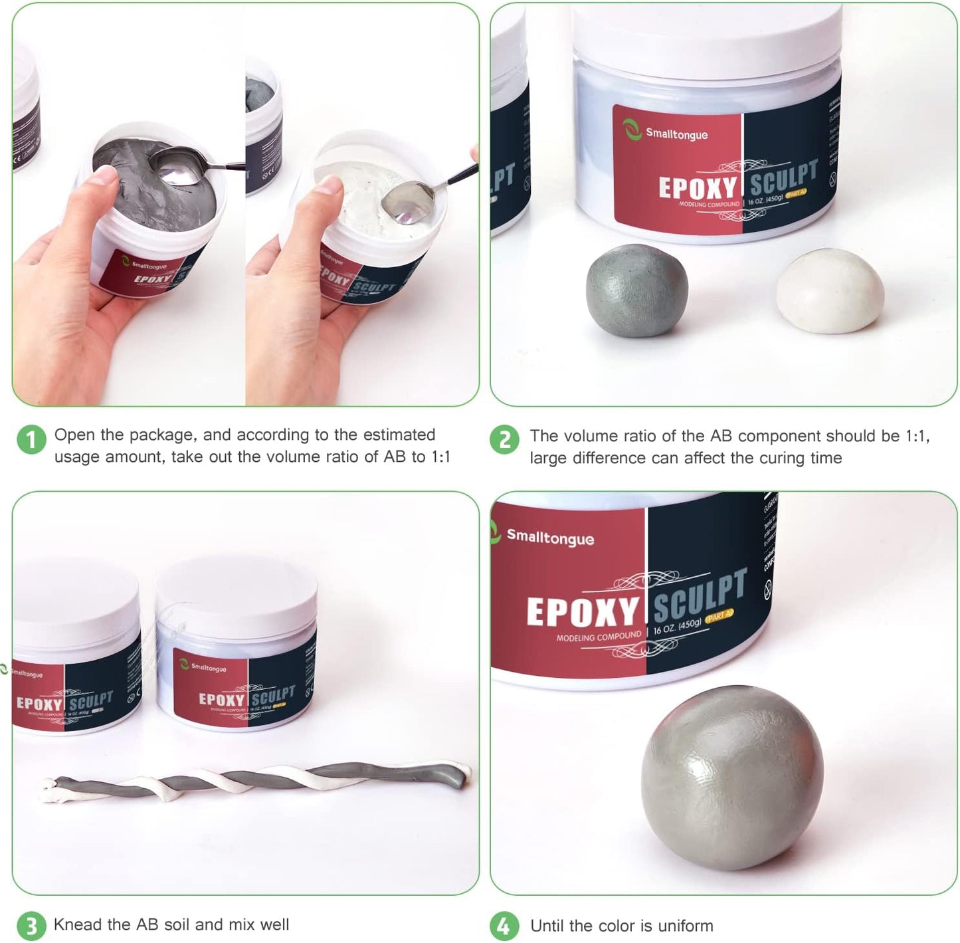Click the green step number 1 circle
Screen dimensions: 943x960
31,440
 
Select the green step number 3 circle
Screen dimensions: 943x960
31,926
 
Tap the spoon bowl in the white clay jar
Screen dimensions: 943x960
407,202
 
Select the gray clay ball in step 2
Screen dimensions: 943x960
636,290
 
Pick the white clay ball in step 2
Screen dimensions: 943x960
830,290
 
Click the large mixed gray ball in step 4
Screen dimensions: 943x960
732,778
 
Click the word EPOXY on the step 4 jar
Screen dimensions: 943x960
581,611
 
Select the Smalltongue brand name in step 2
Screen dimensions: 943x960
676,134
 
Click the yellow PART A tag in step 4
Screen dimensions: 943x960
719,617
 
